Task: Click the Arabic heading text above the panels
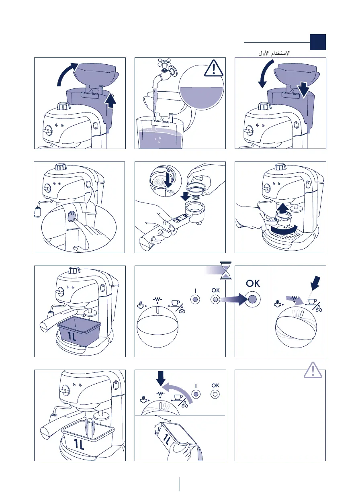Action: [274, 53]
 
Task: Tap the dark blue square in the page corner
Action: [318, 42]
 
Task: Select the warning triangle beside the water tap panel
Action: [214, 68]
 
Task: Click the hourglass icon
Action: [225, 270]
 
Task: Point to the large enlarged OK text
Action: [253, 283]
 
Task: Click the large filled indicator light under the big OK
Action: [252, 299]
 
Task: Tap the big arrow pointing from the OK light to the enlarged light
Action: [233, 299]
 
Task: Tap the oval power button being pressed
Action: [72, 217]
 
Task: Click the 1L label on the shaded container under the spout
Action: [72, 337]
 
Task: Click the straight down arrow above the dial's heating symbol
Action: [160, 378]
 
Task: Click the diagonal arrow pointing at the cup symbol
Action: [315, 283]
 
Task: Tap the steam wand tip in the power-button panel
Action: [37, 212]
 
